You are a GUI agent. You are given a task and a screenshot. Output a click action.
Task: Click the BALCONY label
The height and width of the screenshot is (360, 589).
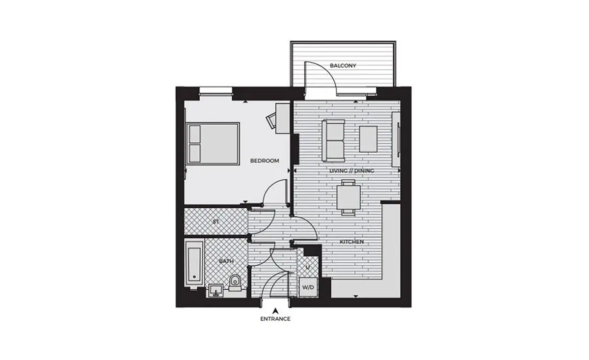point(343,65)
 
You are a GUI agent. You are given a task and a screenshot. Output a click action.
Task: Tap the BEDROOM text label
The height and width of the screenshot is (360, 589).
point(265,161)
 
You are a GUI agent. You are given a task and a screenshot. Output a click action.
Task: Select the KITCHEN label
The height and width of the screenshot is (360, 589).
point(351,242)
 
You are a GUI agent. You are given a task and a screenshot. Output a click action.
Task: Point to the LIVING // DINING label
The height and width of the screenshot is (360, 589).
point(351,171)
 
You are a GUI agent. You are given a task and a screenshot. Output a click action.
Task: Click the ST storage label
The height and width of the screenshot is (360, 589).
point(215,222)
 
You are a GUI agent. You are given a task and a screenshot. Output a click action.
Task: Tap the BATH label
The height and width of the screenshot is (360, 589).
point(226,261)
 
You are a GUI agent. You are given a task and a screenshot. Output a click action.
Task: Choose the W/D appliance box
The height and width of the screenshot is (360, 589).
point(308,287)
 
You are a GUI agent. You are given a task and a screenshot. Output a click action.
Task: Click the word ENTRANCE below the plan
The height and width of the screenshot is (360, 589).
point(275,319)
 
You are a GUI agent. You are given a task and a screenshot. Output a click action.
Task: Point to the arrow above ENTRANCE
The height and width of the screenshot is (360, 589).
point(275,311)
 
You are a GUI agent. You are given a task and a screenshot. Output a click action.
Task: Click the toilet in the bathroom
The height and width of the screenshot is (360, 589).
point(234,283)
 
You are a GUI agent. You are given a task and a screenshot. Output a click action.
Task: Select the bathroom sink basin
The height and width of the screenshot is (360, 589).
point(216,291)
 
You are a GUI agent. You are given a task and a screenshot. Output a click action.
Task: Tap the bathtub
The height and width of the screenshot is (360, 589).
point(194,264)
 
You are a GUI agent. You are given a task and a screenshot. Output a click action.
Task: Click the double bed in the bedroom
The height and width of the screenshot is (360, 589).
point(213,144)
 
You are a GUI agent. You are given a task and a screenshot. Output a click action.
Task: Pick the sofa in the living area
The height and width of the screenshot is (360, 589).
point(333,140)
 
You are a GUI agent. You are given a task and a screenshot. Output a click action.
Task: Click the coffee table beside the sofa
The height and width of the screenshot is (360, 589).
point(368,139)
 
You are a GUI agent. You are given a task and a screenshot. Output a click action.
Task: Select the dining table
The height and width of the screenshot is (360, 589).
point(348,197)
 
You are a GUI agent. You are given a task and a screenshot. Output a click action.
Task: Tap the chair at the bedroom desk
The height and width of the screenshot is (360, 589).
point(271,120)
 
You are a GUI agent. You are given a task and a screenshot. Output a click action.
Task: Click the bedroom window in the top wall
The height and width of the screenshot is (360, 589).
point(216,91)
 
